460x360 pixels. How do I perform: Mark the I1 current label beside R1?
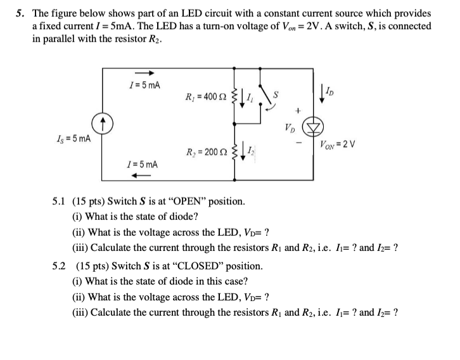click(250, 98)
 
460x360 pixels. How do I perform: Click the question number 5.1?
click(60, 202)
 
